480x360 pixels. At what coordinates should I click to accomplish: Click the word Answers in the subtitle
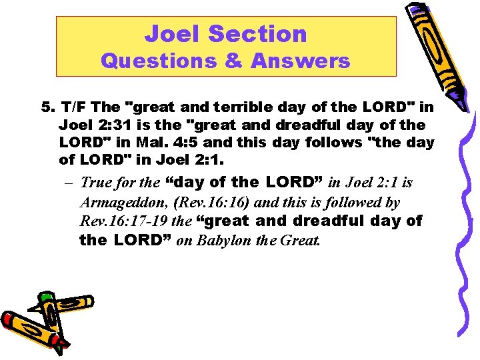(300, 61)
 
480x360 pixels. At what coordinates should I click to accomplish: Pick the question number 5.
(46, 107)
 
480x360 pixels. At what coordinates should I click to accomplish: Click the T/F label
(74, 107)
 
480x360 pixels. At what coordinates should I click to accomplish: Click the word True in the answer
(95, 182)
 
